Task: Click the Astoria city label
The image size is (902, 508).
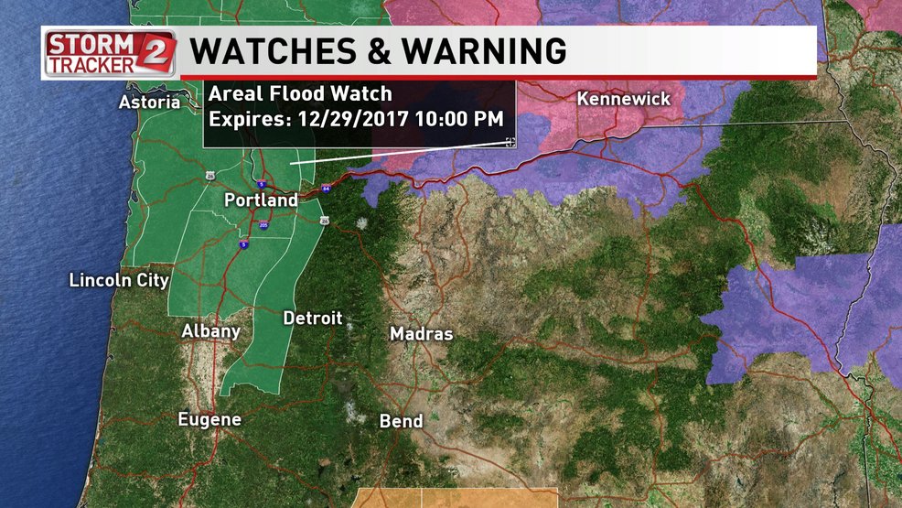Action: (149, 103)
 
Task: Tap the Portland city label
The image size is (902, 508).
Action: (262, 200)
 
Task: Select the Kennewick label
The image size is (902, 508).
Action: (624, 99)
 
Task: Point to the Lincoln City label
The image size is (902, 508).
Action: (119, 280)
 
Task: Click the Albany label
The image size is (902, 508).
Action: (210, 331)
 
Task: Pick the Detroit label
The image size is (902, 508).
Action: (312, 319)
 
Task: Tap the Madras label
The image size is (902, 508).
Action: (421, 334)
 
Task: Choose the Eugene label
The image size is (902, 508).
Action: (209, 420)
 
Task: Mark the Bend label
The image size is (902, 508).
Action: (402, 422)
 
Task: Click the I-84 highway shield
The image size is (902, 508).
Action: (326, 189)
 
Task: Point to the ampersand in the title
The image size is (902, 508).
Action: (370, 50)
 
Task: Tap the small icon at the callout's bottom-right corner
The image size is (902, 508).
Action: (510, 142)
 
